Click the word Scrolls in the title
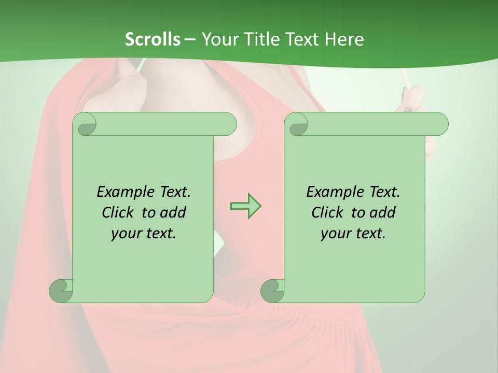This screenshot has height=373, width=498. pos(153,39)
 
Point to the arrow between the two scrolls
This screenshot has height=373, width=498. pos(245,206)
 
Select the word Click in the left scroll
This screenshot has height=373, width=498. pos(120,213)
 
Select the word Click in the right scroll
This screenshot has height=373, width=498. pos(329,213)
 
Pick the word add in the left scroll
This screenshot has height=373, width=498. pos(174,213)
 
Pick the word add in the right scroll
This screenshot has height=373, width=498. pos(383,213)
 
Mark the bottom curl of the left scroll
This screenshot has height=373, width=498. pos(61,290)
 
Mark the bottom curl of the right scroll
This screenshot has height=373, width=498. pos(273,290)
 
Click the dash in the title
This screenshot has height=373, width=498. pos(190,39)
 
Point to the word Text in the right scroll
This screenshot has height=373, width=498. pos(384,192)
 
